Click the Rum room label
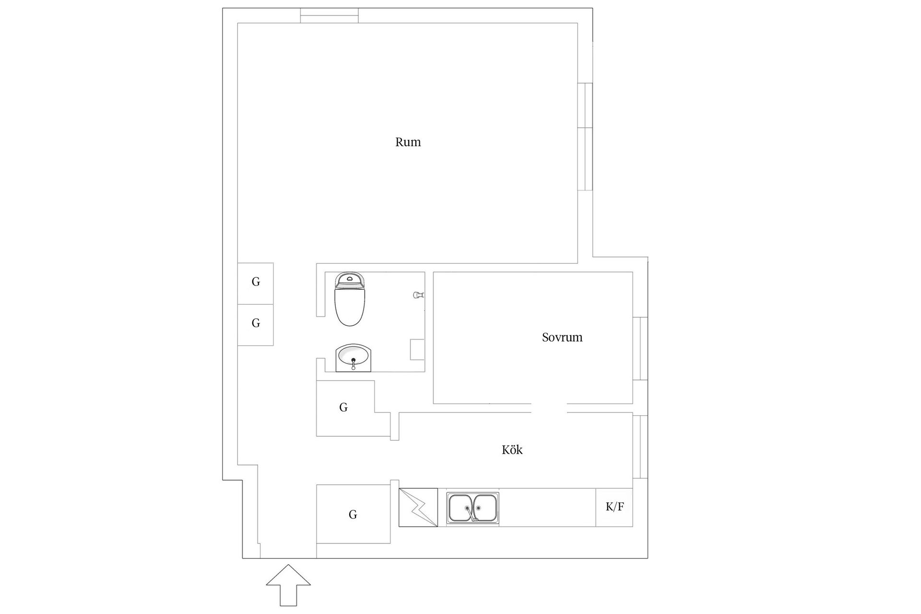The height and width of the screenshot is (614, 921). [408, 142]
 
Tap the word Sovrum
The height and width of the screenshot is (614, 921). [562, 337]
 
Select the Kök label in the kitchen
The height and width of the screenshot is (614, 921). [512, 450]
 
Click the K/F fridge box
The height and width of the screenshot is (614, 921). [614, 508]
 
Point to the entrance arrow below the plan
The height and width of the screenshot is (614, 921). [288, 585]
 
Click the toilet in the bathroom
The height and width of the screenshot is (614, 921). [350, 299]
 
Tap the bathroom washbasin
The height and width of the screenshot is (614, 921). [354, 357]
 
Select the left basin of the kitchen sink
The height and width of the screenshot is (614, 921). [461, 508]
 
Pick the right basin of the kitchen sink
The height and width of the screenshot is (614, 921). [485, 508]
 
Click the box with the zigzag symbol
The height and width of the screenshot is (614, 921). [418, 508]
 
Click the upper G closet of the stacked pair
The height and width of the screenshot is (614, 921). [256, 283]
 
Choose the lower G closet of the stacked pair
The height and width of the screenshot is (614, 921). [256, 325]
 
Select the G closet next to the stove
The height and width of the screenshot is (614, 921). [353, 514]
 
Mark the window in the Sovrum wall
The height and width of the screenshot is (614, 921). [640, 349]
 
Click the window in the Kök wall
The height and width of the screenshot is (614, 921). [640, 447]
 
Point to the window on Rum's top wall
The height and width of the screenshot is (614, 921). [329, 15]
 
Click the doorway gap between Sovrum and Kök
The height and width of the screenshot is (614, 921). [549, 408]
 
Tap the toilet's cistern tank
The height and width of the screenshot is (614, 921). [350, 280]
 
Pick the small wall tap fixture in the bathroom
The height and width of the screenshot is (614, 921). [418, 295]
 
